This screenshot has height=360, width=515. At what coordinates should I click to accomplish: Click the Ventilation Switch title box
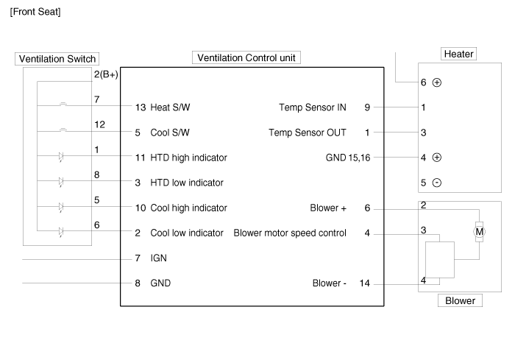[x=56, y=59]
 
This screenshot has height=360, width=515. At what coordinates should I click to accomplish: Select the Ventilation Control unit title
[x=246, y=57]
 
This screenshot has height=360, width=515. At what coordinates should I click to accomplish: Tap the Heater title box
[x=459, y=54]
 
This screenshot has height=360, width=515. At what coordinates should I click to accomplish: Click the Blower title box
[x=460, y=300]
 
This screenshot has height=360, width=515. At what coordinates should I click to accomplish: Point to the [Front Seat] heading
[x=35, y=13]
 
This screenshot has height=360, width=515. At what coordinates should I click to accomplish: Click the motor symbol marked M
[x=480, y=232]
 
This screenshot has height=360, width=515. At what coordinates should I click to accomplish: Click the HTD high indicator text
[x=188, y=158]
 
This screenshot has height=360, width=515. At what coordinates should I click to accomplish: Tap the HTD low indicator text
[x=187, y=183]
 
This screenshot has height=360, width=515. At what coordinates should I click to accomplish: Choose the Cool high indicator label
[x=188, y=208]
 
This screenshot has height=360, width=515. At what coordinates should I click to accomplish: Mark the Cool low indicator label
[x=187, y=233]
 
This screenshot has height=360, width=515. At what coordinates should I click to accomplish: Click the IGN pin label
[x=159, y=258]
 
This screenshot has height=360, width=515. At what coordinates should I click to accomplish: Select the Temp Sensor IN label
[x=313, y=107]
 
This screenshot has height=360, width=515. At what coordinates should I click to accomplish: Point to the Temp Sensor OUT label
[x=308, y=133]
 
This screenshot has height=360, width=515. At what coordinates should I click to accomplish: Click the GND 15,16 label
[x=352, y=158]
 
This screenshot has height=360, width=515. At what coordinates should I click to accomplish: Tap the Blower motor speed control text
[x=290, y=233]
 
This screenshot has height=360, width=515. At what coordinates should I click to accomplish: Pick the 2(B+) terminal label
[x=106, y=74]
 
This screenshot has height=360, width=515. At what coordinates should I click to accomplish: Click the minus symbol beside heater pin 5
[x=437, y=183]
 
